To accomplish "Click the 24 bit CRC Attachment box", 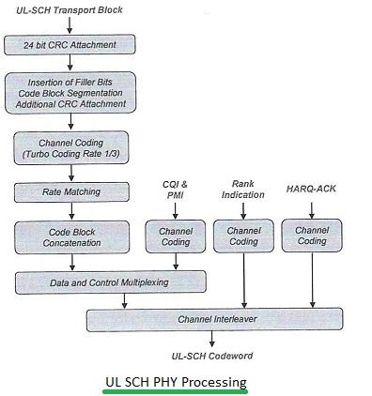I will (x=70, y=45).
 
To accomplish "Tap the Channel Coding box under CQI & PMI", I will (x=175, y=236).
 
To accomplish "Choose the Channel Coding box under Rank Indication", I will (x=243, y=236).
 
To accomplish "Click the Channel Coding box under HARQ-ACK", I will (x=312, y=236).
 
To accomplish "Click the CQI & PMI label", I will (x=175, y=190).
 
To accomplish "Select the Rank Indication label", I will (x=243, y=190).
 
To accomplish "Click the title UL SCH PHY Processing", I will (x=175, y=381).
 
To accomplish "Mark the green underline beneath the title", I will (x=175, y=391).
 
